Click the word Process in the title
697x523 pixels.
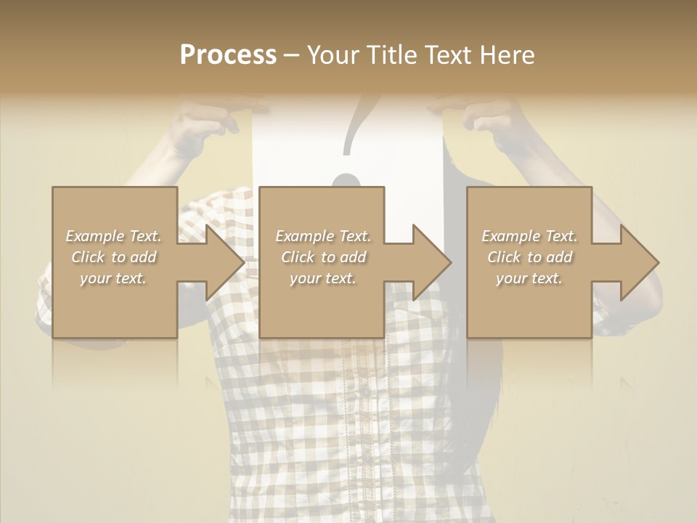pyautogui.click(x=228, y=55)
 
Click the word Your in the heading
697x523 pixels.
pyautogui.click(x=335, y=55)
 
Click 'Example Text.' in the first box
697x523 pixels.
pyautogui.click(x=114, y=236)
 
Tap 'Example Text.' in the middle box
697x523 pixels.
pyautogui.click(x=323, y=236)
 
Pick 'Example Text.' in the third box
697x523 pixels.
pyautogui.click(x=529, y=236)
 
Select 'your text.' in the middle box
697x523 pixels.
pyautogui.click(x=323, y=278)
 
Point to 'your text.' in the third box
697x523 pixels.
pyautogui.click(x=529, y=278)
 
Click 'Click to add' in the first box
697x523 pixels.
pyautogui.click(x=114, y=257)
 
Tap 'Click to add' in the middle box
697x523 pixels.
pyautogui.click(x=323, y=257)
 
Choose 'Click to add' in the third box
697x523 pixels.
pyautogui.click(x=529, y=257)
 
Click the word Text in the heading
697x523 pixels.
pyautogui.click(x=449, y=55)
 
